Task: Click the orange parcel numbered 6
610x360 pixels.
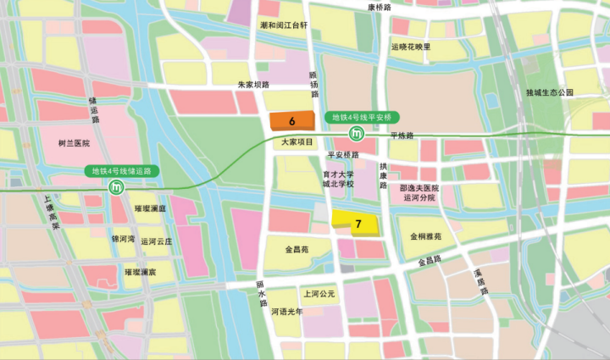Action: tap(291, 120)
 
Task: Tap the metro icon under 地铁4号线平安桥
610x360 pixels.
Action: tap(358, 134)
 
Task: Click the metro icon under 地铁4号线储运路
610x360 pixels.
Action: tap(116, 187)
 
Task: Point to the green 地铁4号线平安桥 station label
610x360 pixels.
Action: tap(360, 116)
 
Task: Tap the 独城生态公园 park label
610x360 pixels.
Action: tap(550, 91)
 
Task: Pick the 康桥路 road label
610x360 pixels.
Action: tap(380, 7)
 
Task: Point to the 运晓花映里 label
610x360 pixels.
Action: tap(411, 47)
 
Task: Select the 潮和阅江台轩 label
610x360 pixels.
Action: tap(283, 25)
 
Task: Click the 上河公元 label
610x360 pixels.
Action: tap(320, 294)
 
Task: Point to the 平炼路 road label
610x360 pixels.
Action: tap(402, 136)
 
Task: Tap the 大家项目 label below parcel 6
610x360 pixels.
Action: tap(297, 142)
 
